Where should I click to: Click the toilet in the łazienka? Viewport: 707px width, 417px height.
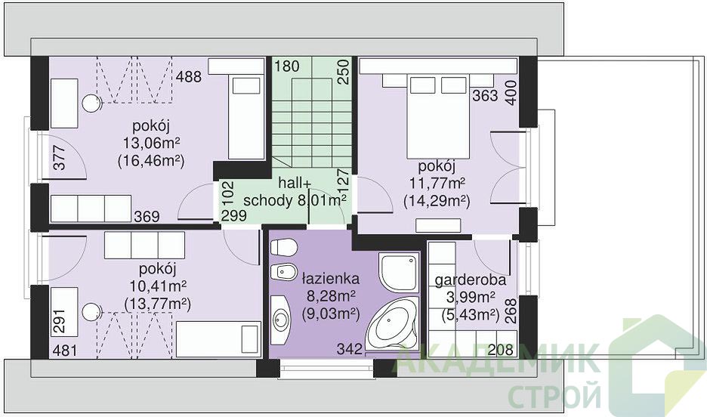click(x=283, y=247)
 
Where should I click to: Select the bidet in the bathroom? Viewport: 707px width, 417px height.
click(x=283, y=272)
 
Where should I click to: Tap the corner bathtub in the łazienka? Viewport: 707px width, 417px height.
click(x=391, y=323)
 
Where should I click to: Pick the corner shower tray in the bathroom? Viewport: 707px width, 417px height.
click(x=399, y=272)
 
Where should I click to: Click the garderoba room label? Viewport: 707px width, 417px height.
click(x=471, y=280)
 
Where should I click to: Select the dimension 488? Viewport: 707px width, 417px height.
click(x=189, y=76)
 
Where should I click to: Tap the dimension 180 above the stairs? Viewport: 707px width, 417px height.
click(x=287, y=66)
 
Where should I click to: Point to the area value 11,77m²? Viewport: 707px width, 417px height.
click(x=437, y=184)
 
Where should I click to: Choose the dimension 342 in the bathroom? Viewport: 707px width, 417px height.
click(x=350, y=348)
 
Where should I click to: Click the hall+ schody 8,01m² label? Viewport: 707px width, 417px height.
click(x=295, y=192)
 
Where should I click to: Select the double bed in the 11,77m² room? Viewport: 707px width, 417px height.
click(x=438, y=117)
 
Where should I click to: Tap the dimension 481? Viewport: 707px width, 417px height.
click(x=65, y=351)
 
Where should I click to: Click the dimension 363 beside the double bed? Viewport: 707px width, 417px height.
click(x=485, y=96)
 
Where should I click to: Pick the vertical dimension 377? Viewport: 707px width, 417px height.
click(x=60, y=157)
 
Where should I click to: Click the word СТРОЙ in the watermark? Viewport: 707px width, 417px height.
click(x=554, y=396)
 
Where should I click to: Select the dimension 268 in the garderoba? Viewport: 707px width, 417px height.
click(x=511, y=311)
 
